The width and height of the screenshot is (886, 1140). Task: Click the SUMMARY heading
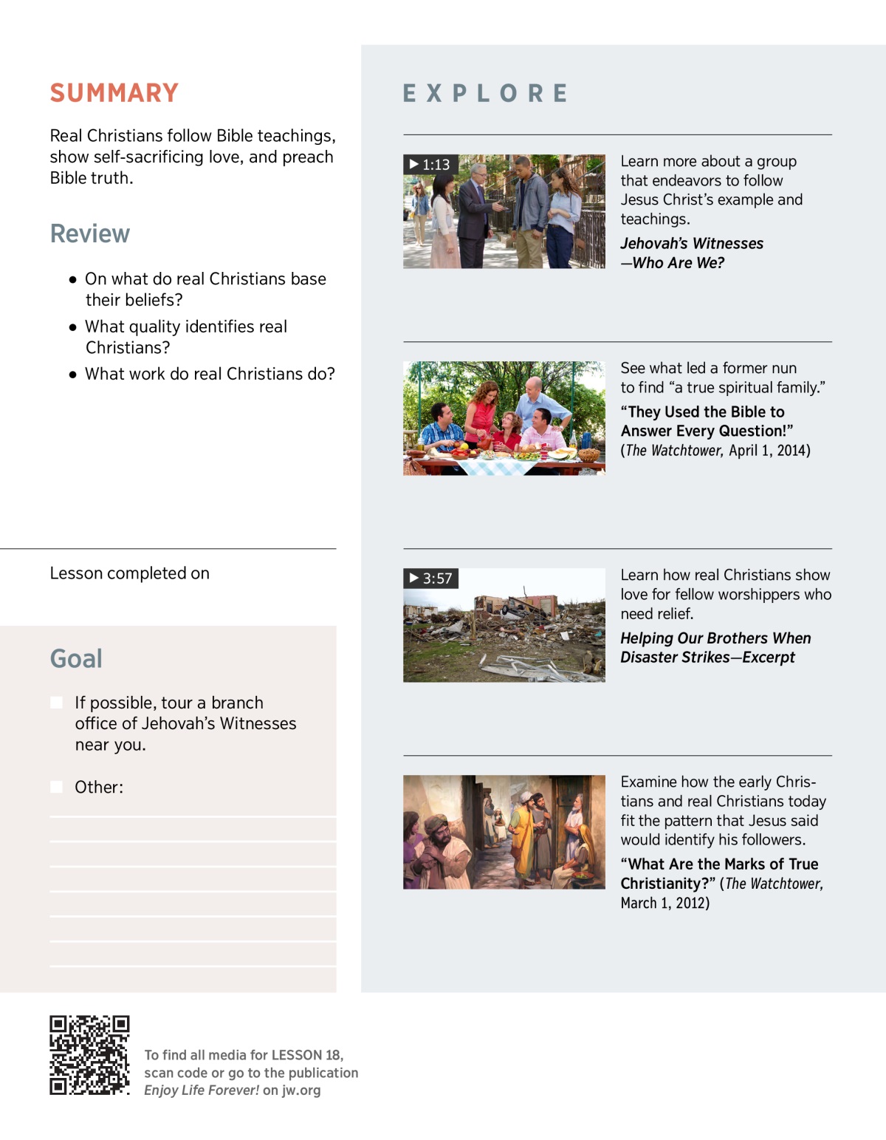point(114,93)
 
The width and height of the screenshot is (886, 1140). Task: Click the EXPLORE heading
point(486,94)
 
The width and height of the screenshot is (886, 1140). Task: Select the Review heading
point(90,233)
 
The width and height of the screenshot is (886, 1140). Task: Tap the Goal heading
point(76,658)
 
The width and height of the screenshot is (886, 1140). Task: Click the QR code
point(89,1055)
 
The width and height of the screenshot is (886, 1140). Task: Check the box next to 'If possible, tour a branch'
point(57,703)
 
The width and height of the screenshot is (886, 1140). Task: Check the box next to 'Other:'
point(57,787)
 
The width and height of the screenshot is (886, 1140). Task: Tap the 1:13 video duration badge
point(430,165)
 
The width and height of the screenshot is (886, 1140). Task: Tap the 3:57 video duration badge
point(431,578)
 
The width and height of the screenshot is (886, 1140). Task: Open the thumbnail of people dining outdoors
point(504,418)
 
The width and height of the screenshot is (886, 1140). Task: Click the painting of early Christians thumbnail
point(504,832)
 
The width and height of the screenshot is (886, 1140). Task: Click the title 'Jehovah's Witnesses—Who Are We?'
point(691,253)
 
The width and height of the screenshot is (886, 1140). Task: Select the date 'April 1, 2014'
point(769,451)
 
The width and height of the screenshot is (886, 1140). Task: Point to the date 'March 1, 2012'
point(664,903)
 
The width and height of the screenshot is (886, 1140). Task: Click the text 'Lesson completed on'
point(130,573)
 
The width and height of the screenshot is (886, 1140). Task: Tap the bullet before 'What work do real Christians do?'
point(72,375)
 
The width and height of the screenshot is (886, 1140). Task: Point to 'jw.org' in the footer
point(301,1090)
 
